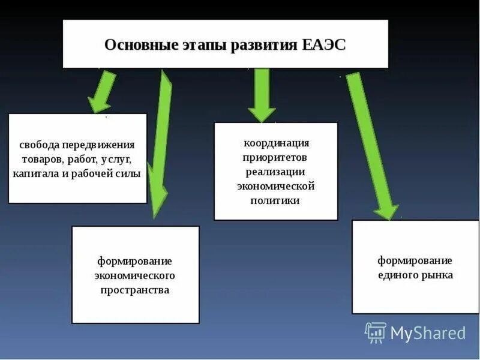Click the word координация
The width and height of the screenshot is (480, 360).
pos(276,143)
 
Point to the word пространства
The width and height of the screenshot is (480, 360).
pos(135,290)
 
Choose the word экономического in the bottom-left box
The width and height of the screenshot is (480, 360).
pos(135,275)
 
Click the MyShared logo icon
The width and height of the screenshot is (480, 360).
pos(375,332)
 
